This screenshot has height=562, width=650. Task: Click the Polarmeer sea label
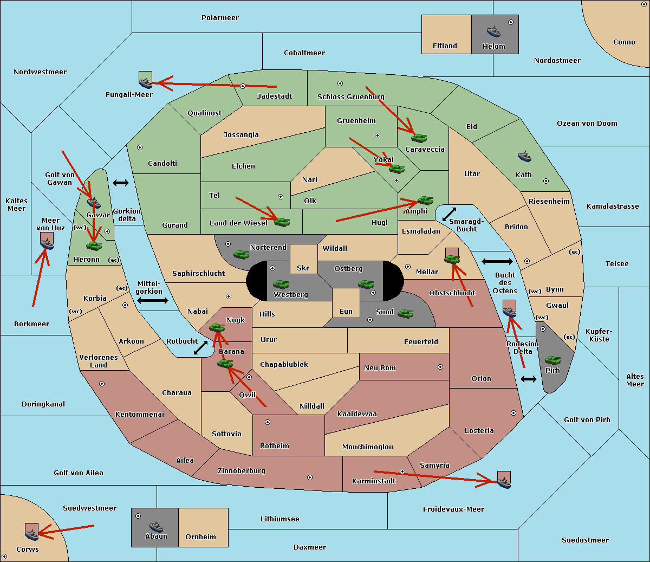[220, 18]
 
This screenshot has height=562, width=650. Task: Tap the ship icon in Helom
[493, 31]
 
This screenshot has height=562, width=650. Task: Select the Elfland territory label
[445, 46]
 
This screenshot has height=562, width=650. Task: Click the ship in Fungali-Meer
[145, 82]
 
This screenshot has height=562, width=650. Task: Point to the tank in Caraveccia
[419, 138]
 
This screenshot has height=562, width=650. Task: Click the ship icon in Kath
[524, 157]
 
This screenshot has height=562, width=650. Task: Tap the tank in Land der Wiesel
[282, 222]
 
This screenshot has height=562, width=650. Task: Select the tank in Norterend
[241, 254]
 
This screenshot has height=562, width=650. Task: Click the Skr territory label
[303, 268]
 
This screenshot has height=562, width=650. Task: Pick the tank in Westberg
[281, 284]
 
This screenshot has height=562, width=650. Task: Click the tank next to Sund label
[405, 313]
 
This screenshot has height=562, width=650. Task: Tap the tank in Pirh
[552, 360]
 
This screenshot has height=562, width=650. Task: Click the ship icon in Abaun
[156, 526]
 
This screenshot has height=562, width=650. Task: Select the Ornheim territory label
[200, 537]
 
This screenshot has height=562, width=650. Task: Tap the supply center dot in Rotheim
[268, 422]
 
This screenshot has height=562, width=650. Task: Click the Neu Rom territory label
[380, 368]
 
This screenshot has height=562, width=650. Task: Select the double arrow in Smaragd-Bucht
[450, 214]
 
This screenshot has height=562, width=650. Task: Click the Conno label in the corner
[624, 42]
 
